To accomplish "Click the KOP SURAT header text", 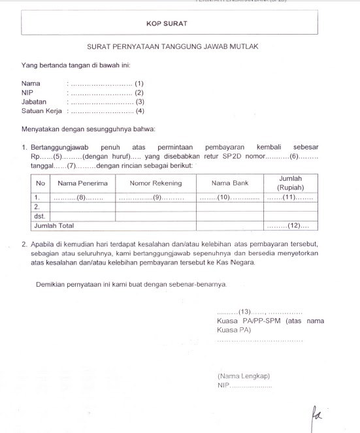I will tap(167, 24).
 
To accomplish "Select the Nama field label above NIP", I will tap(31, 84).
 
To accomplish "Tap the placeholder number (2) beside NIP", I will tap(139, 93).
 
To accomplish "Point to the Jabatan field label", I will tap(34, 102).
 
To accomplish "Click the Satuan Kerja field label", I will tap(42, 111).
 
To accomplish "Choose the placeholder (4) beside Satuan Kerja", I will tap(139, 111).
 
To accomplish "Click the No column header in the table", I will tap(41, 183).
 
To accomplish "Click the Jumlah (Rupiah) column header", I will tap(291, 182).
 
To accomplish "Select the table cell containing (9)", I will tap(157, 197).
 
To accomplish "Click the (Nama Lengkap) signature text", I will tap(243, 376).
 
